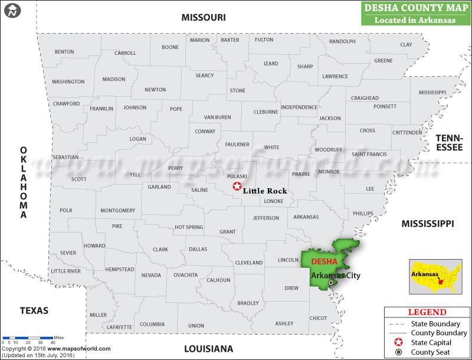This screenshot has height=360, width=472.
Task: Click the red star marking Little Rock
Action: (237, 186)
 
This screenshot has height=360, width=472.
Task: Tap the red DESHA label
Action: (324, 261)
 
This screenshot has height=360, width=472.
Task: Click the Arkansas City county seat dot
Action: (331, 283)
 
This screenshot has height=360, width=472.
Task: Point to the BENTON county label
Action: (64, 52)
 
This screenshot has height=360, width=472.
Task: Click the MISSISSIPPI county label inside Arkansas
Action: (432, 93)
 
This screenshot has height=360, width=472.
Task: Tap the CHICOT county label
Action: (318, 318)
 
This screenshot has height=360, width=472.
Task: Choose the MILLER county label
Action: (99, 315)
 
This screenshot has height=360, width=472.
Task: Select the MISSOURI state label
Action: (203, 18)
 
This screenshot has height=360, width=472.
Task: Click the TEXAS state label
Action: (34, 310)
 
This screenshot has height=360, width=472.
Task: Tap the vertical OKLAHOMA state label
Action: (24, 182)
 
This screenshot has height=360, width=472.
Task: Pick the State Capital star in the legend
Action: (399, 342)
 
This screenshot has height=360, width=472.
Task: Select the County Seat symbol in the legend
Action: (399, 352)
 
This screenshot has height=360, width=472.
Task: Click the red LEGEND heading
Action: (427, 312)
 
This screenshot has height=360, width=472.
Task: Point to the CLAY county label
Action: (406, 45)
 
